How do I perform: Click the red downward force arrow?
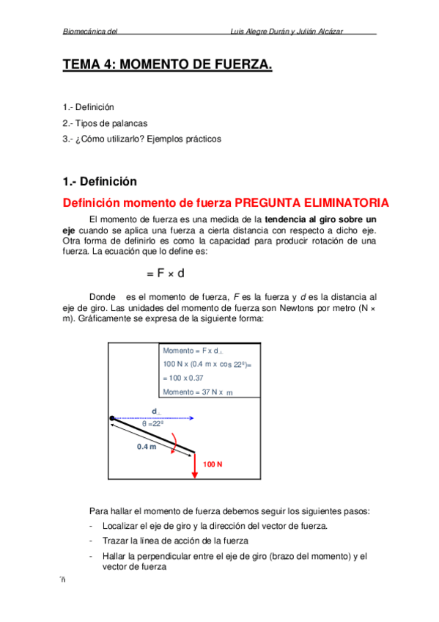(195, 466)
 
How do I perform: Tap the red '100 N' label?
(213, 465)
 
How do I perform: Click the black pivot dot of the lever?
(112, 418)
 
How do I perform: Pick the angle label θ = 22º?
(152, 424)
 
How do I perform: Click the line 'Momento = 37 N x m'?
(197, 392)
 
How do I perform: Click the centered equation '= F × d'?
(165, 274)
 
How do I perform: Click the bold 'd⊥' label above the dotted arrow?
(156, 411)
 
